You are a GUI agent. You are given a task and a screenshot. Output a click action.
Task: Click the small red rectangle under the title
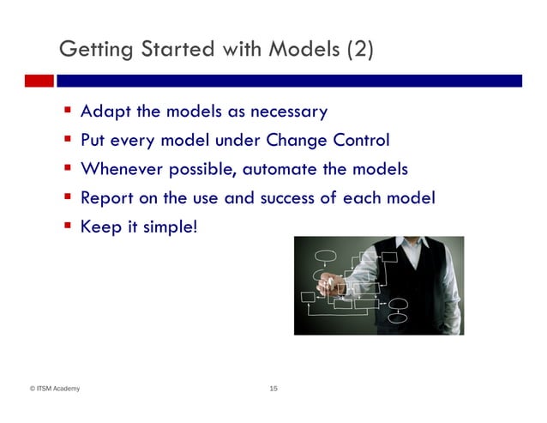click(x=39, y=81)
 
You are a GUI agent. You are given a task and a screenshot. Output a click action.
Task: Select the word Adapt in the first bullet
click(x=103, y=112)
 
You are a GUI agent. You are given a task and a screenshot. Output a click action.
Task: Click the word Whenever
click(x=120, y=169)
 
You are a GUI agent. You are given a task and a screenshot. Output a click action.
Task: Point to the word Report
click(x=105, y=198)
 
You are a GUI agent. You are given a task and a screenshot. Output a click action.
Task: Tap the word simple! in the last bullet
click(x=167, y=227)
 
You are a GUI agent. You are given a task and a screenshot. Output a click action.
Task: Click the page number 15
click(x=273, y=390)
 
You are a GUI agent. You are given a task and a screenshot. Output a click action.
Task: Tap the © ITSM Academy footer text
click(x=55, y=390)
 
